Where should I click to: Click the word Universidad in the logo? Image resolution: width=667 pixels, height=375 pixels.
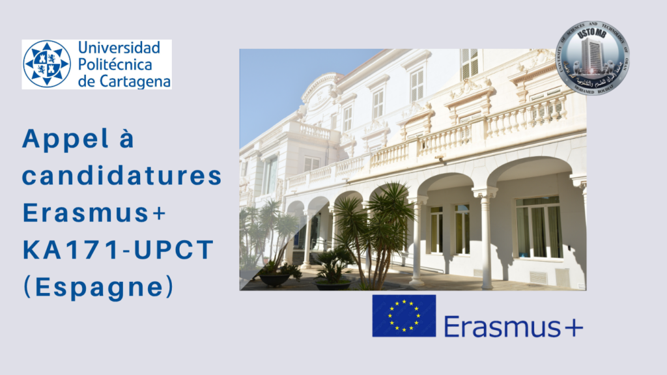(119, 48)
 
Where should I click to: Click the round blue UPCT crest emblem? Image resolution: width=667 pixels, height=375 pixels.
(47, 64)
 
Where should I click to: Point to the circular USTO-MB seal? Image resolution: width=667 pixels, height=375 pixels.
(592, 59)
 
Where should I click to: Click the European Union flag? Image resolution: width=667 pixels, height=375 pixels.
(404, 316)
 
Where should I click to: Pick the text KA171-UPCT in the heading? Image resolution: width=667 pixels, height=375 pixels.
(118, 250)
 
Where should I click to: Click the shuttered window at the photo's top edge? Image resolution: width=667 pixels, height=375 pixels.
(469, 63)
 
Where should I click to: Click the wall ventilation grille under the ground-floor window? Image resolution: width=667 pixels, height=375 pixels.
(538, 277)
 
